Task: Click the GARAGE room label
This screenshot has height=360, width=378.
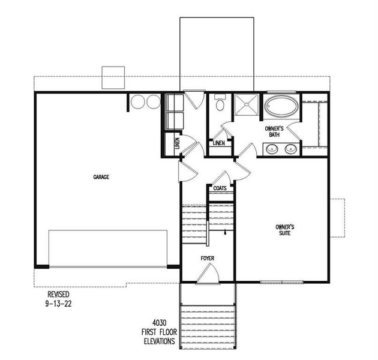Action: pos(101,177)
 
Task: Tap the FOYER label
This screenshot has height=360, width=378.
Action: pos(208,259)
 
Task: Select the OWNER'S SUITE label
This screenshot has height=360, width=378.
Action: pos(284,230)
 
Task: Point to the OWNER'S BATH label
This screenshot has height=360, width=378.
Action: pos(274,132)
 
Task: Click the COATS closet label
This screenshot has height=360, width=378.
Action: pos(219,188)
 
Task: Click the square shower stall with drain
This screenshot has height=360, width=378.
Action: pos(247,106)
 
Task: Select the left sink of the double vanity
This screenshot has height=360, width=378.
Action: pos(272,148)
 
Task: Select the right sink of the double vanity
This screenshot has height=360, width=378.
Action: pos(292,148)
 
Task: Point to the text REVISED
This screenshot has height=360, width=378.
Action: pos(59,295)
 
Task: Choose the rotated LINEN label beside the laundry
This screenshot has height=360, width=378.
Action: pos(177,144)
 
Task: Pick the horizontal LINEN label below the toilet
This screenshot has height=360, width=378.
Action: pos(219,143)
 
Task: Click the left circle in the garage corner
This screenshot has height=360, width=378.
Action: pos(139,102)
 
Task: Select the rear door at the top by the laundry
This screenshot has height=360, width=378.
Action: pos(194,99)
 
